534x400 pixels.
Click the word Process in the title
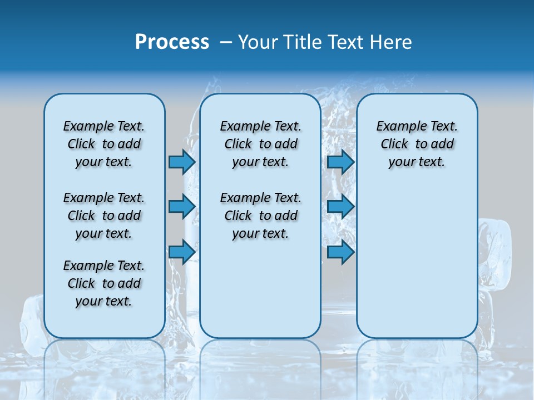tap(172, 42)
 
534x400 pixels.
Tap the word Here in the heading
tap(392, 42)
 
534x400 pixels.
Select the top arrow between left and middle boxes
tap(182, 162)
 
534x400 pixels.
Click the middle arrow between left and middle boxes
tap(182, 207)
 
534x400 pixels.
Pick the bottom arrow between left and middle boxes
tap(182, 252)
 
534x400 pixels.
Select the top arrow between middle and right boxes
tap(340, 162)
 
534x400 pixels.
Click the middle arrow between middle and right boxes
tap(340, 207)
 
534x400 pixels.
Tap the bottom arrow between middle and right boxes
tap(340, 252)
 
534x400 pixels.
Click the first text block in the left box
tap(104, 144)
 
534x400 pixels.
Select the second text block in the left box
tap(104, 216)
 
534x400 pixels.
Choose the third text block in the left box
tap(104, 283)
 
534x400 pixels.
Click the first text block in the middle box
tap(260, 144)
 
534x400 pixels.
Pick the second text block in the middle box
tap(260, 216)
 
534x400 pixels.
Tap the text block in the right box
tap(417, 144)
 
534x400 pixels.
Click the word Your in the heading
tap(257, 42)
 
